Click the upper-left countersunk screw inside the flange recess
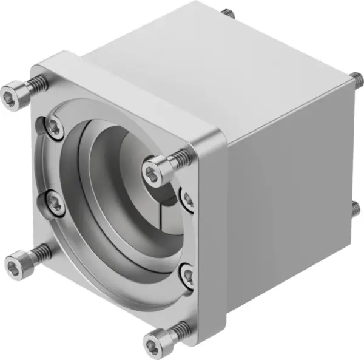tap(55, 127)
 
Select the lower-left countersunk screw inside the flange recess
tap(52, 203)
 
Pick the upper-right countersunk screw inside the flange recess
tap(187, 200)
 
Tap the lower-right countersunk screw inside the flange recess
tap(188, 276)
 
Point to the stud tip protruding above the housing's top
tap(227, 13)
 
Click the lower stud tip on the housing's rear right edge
tap(356, 208)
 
